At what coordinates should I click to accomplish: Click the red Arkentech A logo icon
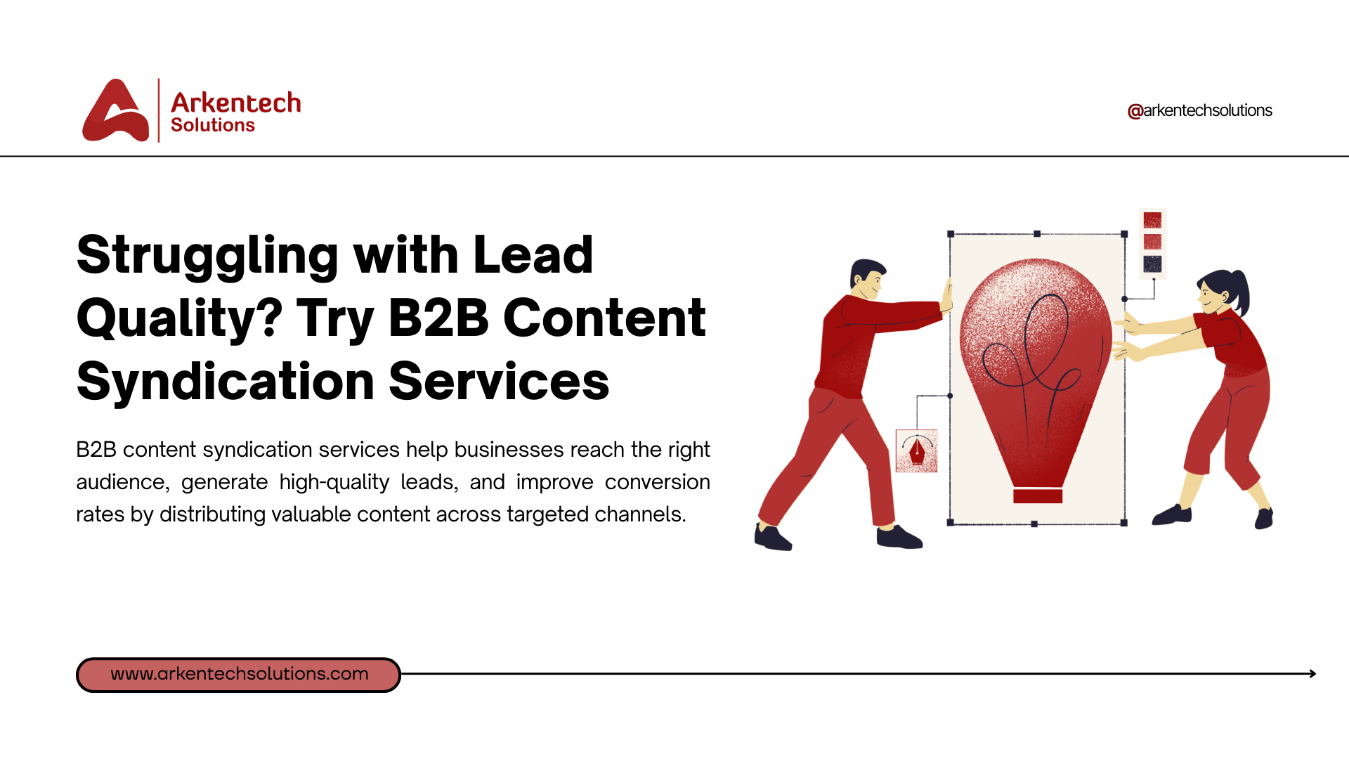(116, 110)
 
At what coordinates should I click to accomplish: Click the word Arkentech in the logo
(236, 103)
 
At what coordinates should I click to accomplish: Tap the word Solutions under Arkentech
(213, 125)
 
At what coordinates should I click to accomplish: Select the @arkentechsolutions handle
(1199, 110)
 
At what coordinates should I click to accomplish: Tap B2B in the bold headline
(438, 318)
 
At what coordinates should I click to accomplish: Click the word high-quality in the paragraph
(334, 482)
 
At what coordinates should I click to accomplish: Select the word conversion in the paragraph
(658, 482)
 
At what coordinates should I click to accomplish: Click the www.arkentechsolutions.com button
(239, 675)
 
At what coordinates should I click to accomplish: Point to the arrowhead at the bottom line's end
(1312, 673)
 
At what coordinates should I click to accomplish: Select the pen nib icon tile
(917, 450)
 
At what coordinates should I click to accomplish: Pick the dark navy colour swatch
(1152, 264)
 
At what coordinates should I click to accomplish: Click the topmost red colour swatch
(1152, 220)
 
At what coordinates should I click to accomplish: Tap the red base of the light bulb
(1038, 496)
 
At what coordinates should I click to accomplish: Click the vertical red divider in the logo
(159, 110)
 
